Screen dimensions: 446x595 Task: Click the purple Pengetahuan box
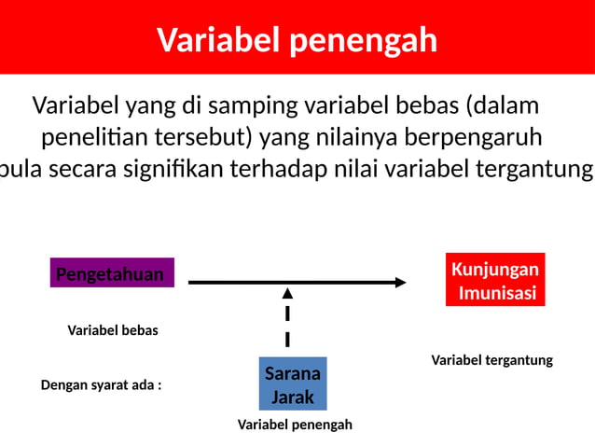[x=111, y=273]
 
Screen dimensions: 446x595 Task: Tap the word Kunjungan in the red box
[x=494, y=270]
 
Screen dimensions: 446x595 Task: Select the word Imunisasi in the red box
[x=497, y=293]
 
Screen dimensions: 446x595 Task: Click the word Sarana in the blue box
[x=292, y=373]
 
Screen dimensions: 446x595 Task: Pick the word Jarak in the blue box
[x=292, y=397]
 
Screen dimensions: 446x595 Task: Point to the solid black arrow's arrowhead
[x=399, y=282]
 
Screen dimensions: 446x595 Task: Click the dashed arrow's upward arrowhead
[x=287, y=293]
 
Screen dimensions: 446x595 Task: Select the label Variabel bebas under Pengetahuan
[x=113, y=330]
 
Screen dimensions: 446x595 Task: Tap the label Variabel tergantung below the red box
[x=491, y=360]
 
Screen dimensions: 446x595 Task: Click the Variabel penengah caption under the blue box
[x=295, y=425]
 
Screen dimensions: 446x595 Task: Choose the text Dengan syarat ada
[x=101, y=384]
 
